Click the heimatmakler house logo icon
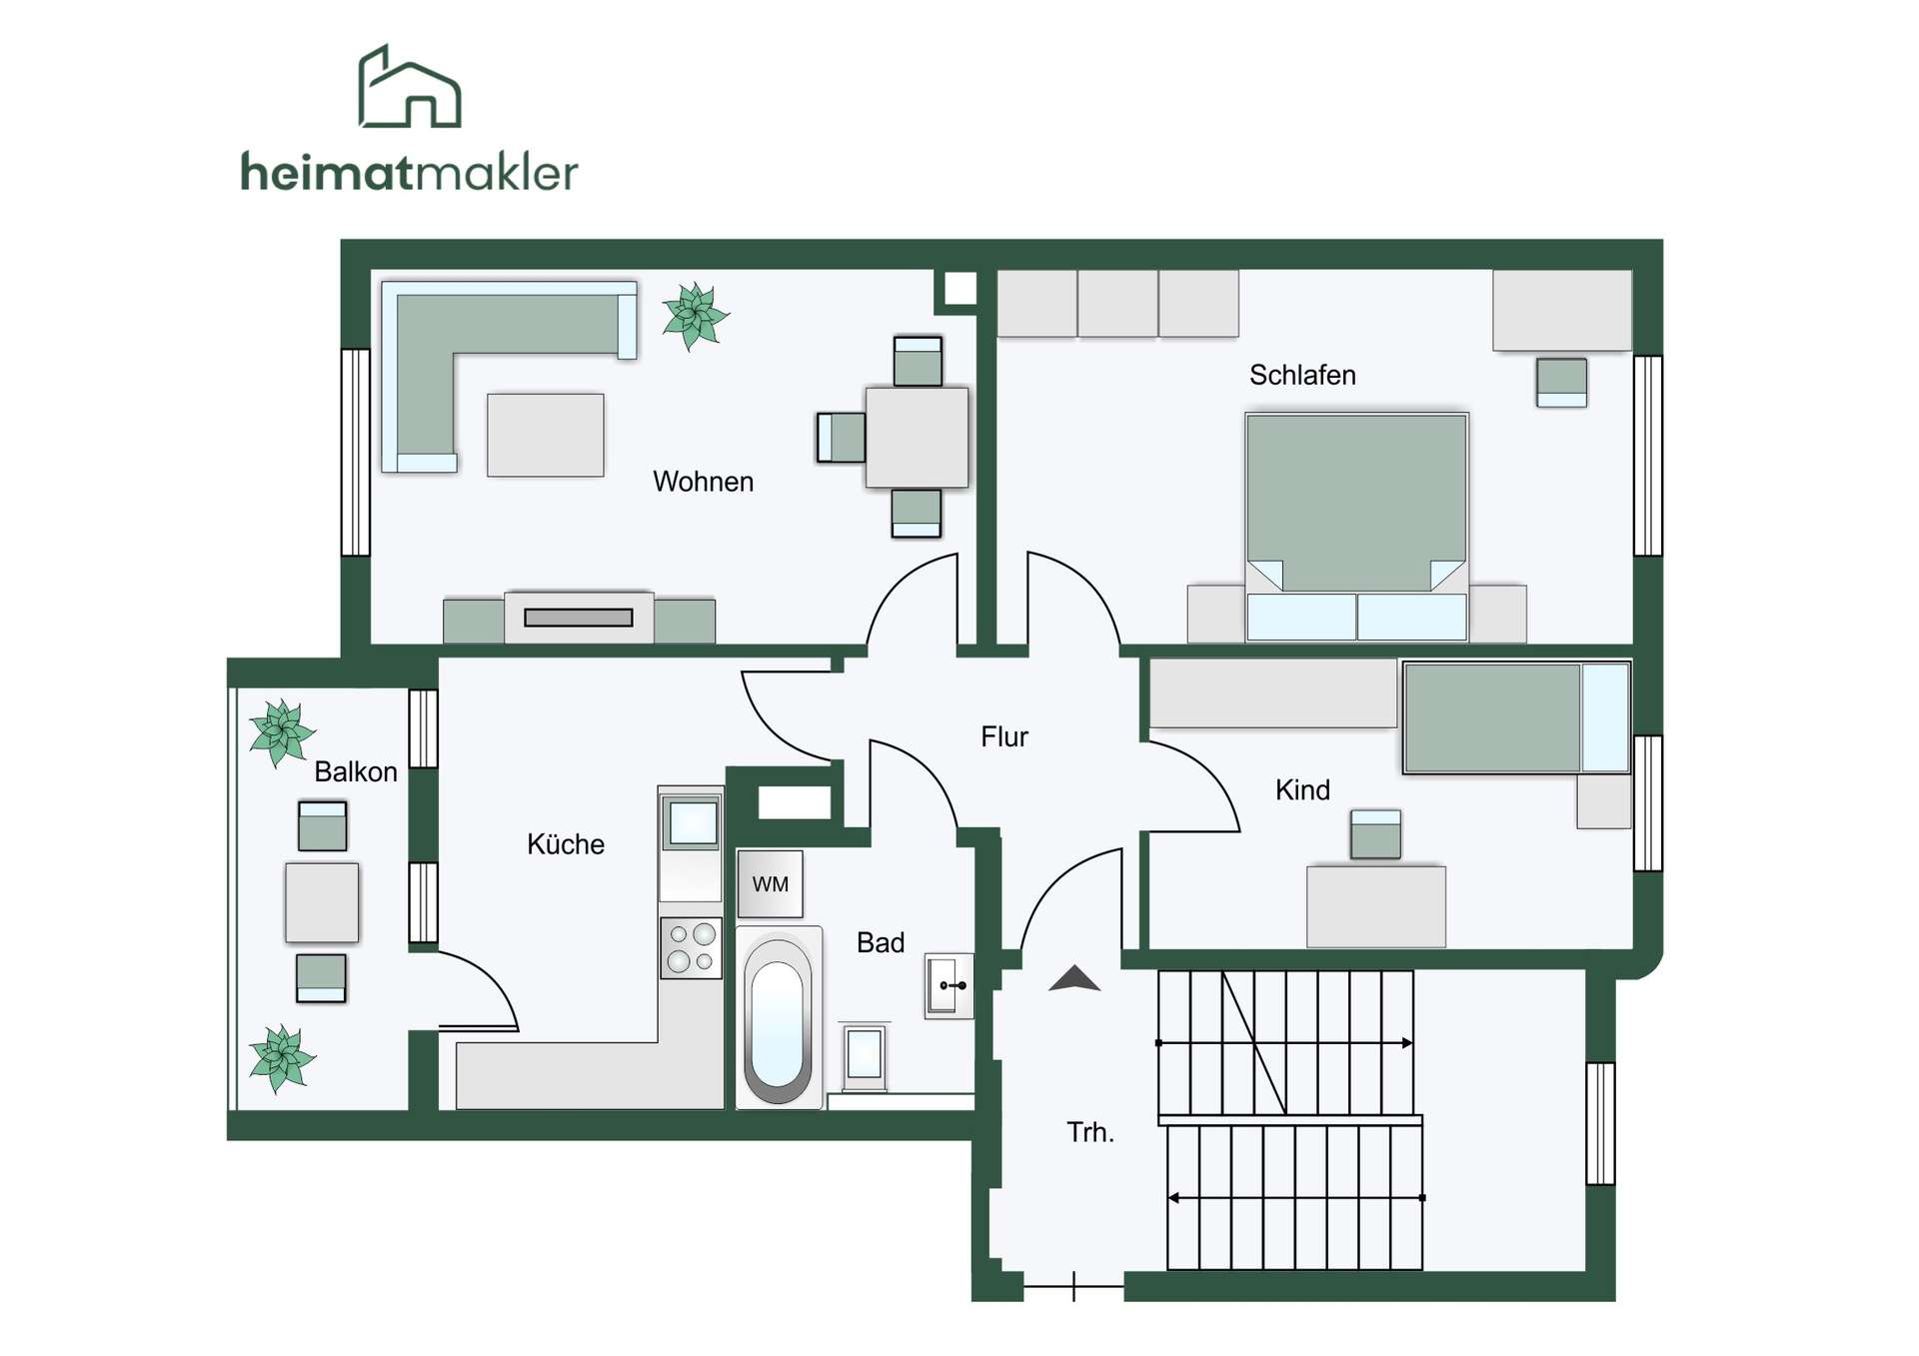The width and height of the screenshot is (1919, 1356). (410, 87)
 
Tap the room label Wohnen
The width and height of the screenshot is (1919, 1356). (703, 482)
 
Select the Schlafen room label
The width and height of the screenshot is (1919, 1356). (1302, 375)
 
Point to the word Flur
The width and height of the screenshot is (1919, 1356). (1003, 736)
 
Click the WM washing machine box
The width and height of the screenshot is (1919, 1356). (770, 884)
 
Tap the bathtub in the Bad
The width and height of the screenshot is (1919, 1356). (779, 1017)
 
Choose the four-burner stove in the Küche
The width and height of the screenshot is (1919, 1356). (691, 948)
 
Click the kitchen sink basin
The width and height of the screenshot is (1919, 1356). (693, 823)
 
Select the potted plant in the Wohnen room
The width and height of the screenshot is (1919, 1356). (695, 316)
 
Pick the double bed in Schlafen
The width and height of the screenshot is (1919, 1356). (1356, 527)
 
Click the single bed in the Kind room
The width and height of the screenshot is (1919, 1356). (1516, 717)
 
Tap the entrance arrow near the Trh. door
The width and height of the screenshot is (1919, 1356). (1074, 978)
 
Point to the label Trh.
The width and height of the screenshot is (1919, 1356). (1089, 1132)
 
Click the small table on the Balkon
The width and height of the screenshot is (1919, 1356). (322, 902)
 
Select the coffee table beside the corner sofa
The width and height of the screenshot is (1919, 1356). (545, 435)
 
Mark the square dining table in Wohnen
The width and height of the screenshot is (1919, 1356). (917, 437)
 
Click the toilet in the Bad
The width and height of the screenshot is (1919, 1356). (865, 1056)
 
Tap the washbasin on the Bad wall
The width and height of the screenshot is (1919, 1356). (949, 985)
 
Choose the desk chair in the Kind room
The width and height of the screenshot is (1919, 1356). (1375, 834)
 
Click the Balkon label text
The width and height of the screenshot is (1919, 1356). (355, 771)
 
